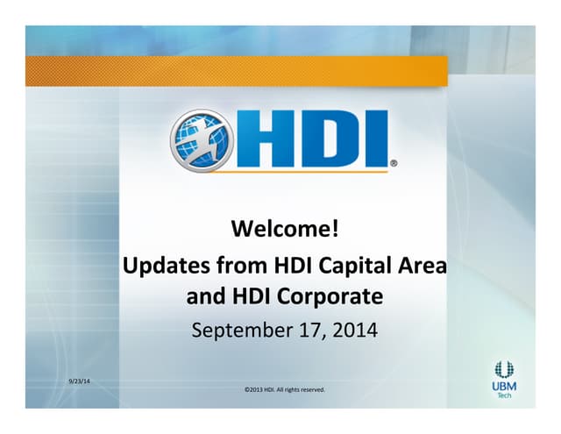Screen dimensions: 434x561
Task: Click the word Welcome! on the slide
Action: pos(284,230)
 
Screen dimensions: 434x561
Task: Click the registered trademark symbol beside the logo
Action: pos(394,163)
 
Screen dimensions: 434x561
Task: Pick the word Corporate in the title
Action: pos(330,296)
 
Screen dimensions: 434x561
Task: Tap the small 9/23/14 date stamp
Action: pos(82,379)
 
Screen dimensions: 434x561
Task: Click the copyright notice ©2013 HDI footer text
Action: pos(284,389)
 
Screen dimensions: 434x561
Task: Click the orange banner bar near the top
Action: pos(237,70)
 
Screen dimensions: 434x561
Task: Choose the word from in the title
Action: pos(242,265)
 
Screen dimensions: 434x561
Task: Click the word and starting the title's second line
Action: pos(206,296)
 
